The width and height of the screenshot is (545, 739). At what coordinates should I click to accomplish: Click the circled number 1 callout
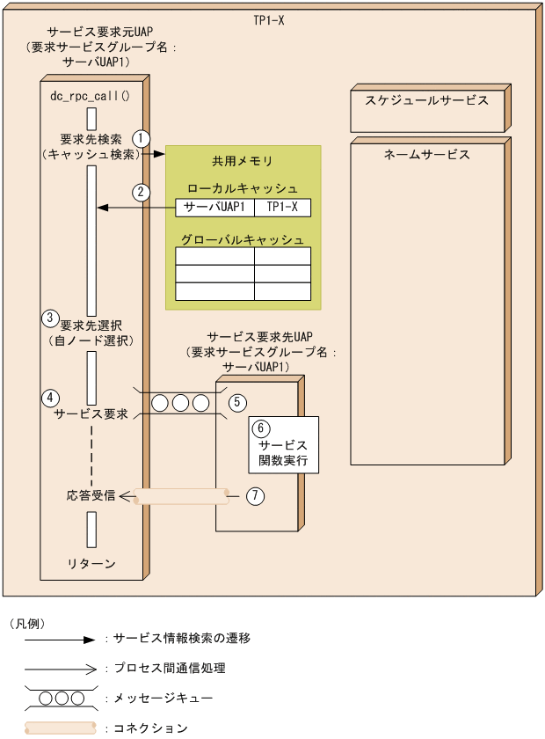pyautogui.click(x=141, y=138)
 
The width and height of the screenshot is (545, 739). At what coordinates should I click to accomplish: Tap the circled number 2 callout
pyautogui.click(x=141, y=191)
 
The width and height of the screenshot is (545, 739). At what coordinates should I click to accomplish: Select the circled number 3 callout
pyautogui.click(x=50, y=318)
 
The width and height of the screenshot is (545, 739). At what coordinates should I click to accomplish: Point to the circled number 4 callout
pyautogui.click(x=50, y=397)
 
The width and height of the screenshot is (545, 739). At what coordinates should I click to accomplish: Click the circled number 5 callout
pyautogui.click(x=236, y=402)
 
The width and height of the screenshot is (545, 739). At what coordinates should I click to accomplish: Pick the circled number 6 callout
pyautogui.click(x=260, y=428)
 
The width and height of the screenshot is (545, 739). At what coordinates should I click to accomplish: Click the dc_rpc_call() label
pyautogui.click(x=91, y=95)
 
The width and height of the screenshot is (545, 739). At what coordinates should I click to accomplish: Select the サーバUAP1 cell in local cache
pyautogui.click(x=214, y=208)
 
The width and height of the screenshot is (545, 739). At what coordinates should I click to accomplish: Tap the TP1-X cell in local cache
pyautogui.click(x=282, y=208)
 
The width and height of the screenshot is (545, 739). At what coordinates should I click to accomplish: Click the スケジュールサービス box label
pyautogui.click(x=426, y=100)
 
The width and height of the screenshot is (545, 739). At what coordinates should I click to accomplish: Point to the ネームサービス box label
pyautogui.click(x=426, y=154)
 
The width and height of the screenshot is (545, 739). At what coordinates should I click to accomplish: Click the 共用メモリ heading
pyautogui.click(x=242, y=161)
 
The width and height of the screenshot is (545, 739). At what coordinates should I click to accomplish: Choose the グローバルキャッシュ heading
pyautogui.click(x=243, y=239)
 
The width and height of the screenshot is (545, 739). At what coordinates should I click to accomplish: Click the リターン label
pyautogui.click(x=91, y=563)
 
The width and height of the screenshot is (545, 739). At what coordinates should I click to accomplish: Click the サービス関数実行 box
pyautogui.click(x=282, y=444)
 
